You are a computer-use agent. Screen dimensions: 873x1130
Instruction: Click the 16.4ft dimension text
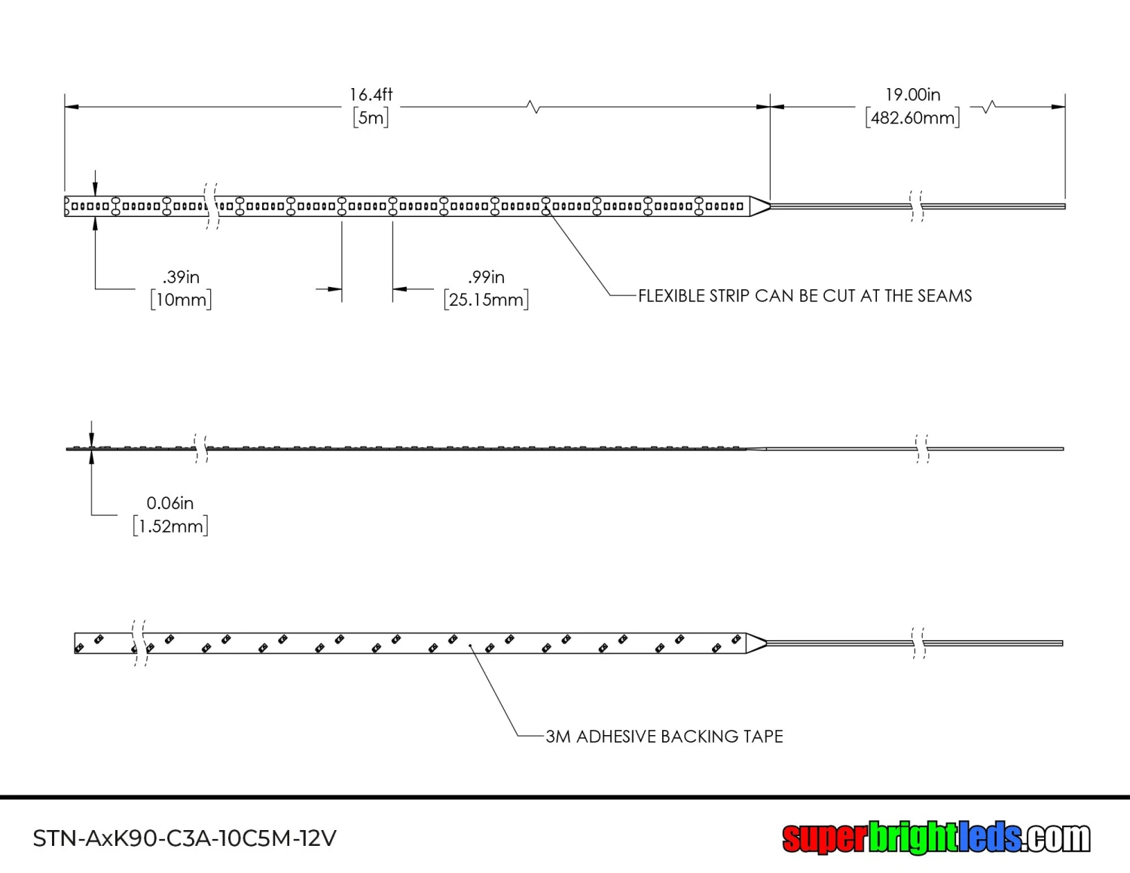pyautogui.click(x=371, y=95)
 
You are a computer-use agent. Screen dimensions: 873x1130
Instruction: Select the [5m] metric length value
pyautogui.click(x=371, y=118)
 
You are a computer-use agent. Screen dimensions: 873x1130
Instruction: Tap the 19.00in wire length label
pyautogui.click(x=912, y=95)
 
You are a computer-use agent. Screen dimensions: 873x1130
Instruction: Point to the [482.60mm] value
pyautogui.click(x=912, y=118)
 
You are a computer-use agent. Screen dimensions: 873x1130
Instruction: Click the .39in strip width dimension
pyautogui.click(x=181, y=277)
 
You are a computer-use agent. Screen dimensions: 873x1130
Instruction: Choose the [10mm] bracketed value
pyautogui.click(x=181, y=300)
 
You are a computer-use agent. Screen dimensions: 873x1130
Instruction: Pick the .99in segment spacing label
pyautogui.click(x=486, y=277)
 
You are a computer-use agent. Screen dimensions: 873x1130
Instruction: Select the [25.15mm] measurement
pyautogui.click(x=486, y=300)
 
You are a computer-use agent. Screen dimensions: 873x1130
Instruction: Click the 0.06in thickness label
pyautogui.click(x=169, y=503)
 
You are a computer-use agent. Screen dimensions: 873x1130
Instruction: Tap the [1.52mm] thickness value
pyautogui.click(x=170, y=526)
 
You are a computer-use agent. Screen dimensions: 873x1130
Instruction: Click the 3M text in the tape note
pyautogui.click(x=557, y=737)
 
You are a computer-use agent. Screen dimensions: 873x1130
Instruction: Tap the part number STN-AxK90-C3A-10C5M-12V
pyautogui.click(x=185, y=838)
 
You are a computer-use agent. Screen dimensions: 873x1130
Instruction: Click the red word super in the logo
pyautogui.click(x=824, y=838)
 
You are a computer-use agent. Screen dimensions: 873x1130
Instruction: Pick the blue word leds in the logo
pyautogui.click(x=990, y=838)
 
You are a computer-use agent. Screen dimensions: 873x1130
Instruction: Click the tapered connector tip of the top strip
pyautogui.click(x=759, y=206)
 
